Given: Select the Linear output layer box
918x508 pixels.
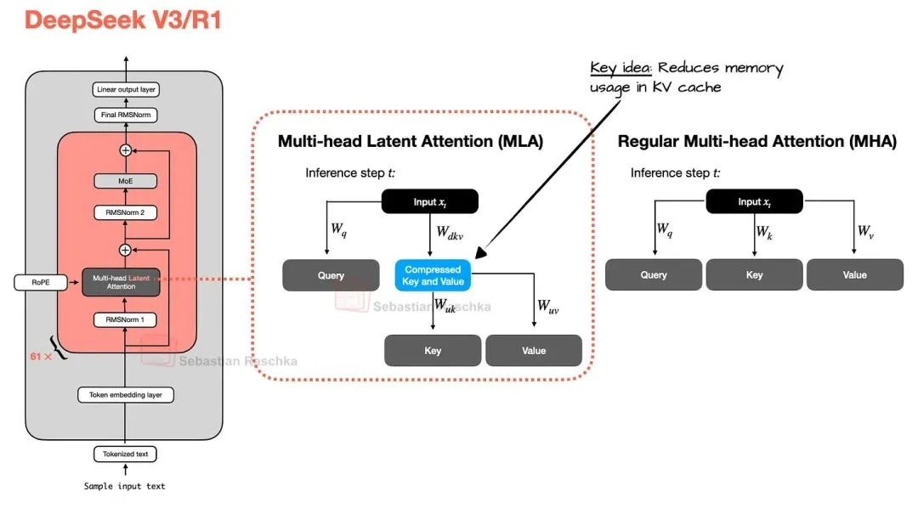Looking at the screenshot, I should tap(125, 89).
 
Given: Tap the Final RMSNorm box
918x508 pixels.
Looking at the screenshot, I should tap(125, 116).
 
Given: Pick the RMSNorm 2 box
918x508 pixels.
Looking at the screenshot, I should tap(125, 213).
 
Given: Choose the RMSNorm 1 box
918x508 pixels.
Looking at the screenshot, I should tap(125, 319).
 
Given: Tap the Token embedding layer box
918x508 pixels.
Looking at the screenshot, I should tap(125, 395).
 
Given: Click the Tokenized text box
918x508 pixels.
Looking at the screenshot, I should tap(125, 454).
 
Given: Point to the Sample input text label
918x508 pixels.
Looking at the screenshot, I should tap(125, 486).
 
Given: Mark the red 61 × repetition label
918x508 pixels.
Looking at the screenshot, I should tap(41, 358).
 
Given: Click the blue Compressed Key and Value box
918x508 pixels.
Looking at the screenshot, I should tap(433, 274).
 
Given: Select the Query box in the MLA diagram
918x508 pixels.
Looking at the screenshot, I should tap(331, 275).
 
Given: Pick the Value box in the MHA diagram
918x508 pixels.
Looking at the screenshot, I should tap(854, 275).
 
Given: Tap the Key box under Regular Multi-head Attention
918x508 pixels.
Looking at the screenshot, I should tap(754, 275).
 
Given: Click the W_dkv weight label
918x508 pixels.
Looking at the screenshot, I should tap(448, 230).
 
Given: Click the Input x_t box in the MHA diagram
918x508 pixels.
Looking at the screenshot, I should tap(754, 201).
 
